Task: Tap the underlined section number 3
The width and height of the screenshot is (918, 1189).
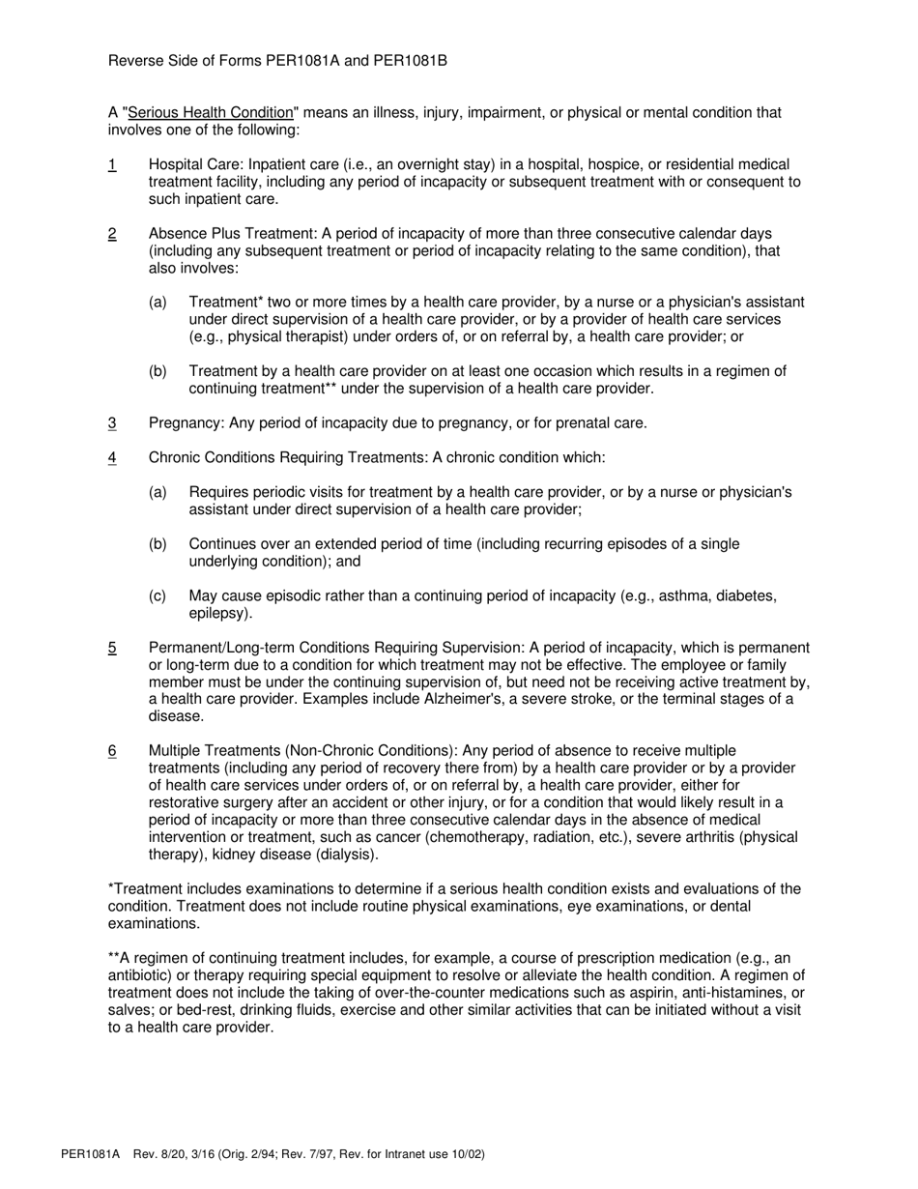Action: pos(112,422)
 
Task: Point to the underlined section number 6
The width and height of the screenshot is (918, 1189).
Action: pos(112,750)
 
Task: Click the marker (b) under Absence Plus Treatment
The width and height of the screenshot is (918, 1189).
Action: pos(158,371)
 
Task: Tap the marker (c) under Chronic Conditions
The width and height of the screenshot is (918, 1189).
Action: pos(158,595)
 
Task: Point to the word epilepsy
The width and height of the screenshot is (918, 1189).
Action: pos(217,613)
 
